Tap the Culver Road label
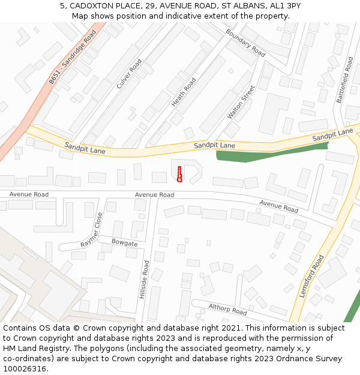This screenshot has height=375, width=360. point(129,74)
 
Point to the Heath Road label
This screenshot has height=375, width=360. point(184,92)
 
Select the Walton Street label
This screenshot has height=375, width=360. point(241,102)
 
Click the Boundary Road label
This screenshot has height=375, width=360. point(245,43)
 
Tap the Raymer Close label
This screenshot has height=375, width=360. point(92,230)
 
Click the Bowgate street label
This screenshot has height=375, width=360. point(125,243)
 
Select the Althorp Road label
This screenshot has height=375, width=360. point(227,310)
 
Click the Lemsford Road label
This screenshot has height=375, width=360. point(311,276)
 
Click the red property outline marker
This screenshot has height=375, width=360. point(179,174)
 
